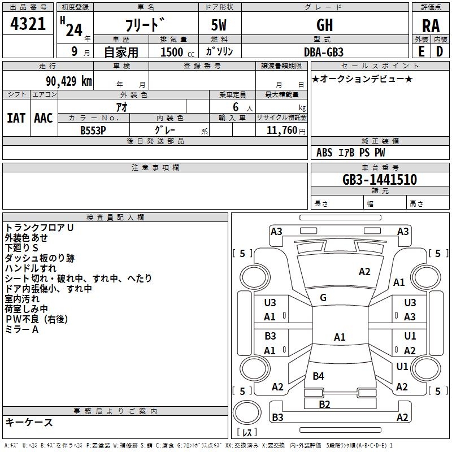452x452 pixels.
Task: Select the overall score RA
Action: (x=431, y=26)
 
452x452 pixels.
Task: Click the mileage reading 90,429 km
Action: (x=65, y=81)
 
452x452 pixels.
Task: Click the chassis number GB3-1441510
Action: (x=380, y=180)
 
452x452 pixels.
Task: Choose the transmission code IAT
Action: (x=16, y=118)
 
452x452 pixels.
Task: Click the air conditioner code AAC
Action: (x=44, y=118)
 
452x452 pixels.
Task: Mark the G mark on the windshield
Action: (x=323, y=298)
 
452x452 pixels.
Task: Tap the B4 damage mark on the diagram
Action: (x=318, y=376)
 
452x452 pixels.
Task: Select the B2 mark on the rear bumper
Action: (x=324, y=404)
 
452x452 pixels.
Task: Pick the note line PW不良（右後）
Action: (x=37, y=319)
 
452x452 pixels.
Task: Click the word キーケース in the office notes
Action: (x=29, y=422)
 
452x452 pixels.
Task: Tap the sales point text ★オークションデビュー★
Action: (x=362, y=79)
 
